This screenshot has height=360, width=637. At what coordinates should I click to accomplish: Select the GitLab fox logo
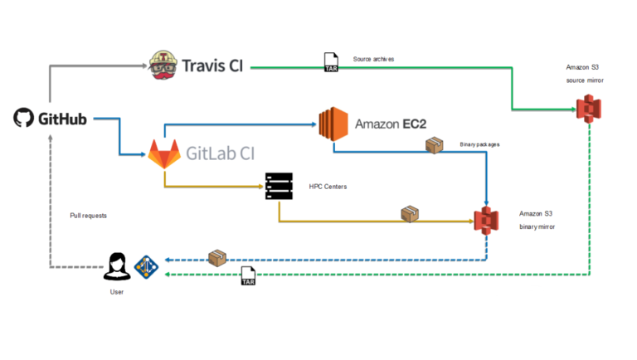pos(163,154)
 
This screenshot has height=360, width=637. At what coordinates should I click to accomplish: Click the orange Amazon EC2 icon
pos(332,124)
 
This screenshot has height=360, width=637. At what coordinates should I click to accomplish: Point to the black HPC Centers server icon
pos(277,186)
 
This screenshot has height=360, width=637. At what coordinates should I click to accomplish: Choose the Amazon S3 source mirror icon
pos(589,109)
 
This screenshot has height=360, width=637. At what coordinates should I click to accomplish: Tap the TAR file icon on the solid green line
pos(330,62)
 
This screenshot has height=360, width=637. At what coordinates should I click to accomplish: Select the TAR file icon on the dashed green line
pos(248,276)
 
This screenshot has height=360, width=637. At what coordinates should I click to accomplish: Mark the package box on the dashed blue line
pos(217,258)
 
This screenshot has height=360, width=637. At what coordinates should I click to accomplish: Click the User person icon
pos(117,267)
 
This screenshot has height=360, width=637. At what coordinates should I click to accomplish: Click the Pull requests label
pos(88,215)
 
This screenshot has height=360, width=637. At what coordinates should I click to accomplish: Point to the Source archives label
pos(373,58)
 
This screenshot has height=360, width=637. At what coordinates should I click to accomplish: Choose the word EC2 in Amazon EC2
pos(411,124)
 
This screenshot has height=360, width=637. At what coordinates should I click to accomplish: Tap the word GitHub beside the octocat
pos(62,119)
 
